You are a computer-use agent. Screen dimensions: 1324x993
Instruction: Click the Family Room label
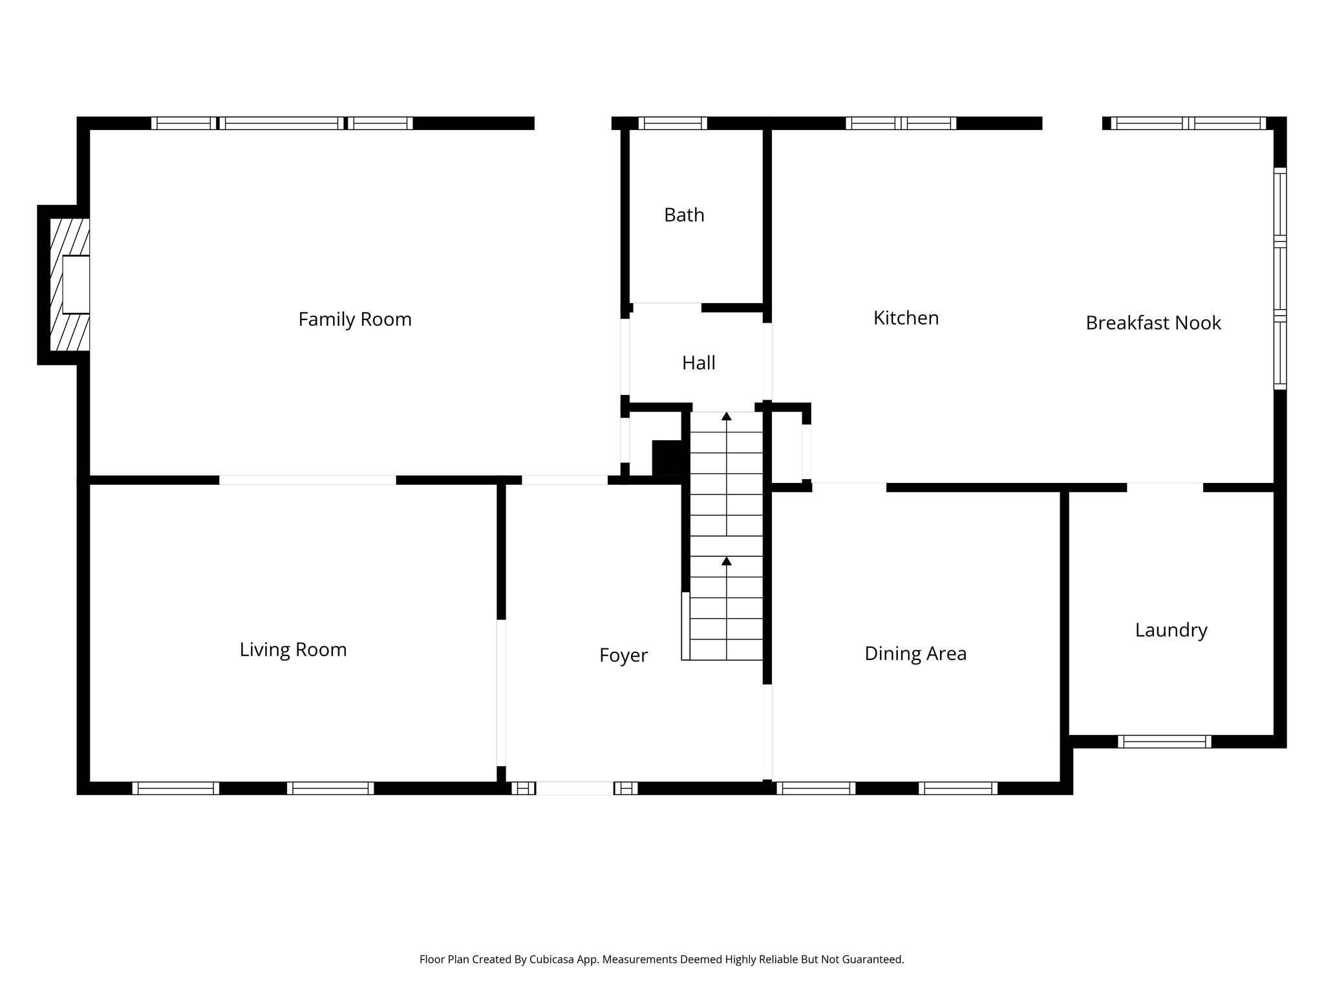point(355,319)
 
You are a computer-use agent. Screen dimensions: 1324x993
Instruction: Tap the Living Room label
point(293,650)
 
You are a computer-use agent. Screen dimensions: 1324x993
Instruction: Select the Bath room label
point(684,215)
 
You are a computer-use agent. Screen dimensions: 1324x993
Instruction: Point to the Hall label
point(698,363)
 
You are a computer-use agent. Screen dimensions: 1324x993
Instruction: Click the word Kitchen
point(906,318)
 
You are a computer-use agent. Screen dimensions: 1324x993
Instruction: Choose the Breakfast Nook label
point(1153,323)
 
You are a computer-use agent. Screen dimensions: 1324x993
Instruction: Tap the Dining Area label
point(915,654)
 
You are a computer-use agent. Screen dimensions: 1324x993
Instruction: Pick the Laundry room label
point(1171,631)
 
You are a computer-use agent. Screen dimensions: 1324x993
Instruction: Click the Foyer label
point(623,656)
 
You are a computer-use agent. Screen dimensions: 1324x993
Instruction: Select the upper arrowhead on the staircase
point(727,416)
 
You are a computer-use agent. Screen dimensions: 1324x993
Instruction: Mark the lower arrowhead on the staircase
point(727,561)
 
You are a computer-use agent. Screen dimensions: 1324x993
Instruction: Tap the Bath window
point(672,123)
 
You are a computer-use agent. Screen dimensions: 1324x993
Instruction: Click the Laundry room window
point(1164,742)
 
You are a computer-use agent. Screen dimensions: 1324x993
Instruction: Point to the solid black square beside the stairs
point(667,458)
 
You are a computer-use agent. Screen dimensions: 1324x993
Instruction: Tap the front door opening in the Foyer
point(575,788)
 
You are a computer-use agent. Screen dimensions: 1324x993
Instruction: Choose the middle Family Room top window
point(282,123)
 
